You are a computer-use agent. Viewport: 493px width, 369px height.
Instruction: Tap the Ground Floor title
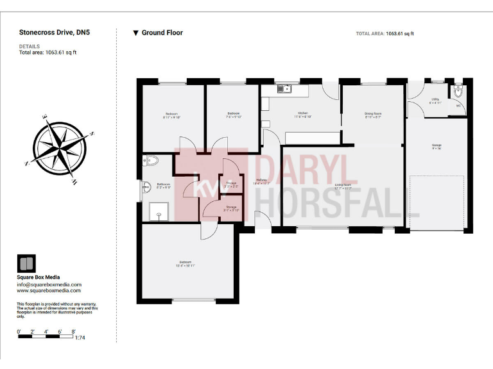point(162,33)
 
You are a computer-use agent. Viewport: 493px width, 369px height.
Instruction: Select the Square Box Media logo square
point(26,264)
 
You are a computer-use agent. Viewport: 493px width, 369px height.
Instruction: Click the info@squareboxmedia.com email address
point(49,284)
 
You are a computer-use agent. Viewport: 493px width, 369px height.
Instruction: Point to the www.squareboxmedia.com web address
point(49,290)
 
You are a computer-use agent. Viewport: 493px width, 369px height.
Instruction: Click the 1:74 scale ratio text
point(80,337)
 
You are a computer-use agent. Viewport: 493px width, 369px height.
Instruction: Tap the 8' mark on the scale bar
point(74,331)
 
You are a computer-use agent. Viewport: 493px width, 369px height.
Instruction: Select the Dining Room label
point(373,113)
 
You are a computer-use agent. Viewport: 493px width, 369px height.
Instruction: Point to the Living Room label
point(343,186)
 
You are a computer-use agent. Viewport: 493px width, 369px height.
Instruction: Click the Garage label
point(437,145)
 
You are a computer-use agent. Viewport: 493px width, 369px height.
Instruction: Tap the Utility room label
point(435,99)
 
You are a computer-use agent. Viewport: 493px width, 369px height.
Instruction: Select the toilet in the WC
point(458,92)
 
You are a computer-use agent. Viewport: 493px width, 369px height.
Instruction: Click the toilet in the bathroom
point(146,161)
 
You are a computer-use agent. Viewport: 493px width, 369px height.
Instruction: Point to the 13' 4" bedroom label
point(187,263)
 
